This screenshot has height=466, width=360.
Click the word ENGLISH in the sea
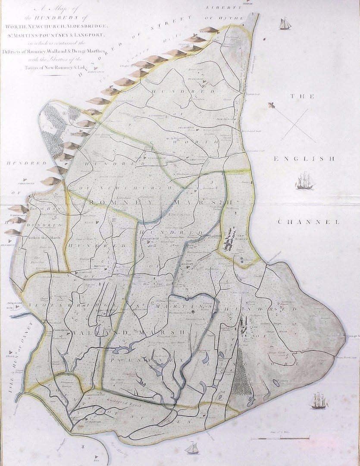pyautogui.click(x=304, y=159)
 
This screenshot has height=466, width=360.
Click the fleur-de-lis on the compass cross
pyautogui.click(x=271, y=105)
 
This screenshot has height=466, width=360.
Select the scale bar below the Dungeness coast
pyautogui.click(x=280, y=438)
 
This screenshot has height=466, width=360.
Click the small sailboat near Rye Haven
pyautogui.click(x=191, y=449)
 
